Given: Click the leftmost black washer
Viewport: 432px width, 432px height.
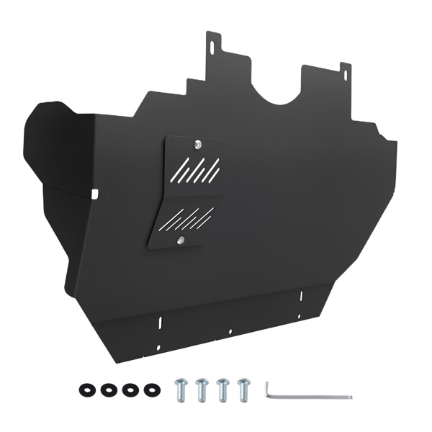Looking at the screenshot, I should (86, 390).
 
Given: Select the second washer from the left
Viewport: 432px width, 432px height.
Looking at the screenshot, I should (108, 390).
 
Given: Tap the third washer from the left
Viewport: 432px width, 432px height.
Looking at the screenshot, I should (129, 390).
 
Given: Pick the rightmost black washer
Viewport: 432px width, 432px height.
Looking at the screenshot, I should (150, 390).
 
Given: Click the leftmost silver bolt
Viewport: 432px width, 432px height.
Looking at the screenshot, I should (181, 389).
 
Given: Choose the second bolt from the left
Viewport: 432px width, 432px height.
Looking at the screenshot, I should (202, 389).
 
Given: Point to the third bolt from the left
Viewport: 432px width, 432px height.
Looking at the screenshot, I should (222, 389).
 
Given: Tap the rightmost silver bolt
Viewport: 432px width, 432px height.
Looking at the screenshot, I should (243, 389).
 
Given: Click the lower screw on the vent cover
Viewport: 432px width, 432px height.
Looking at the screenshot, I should (180, 240).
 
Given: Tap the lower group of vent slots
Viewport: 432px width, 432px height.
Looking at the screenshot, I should (186, 218).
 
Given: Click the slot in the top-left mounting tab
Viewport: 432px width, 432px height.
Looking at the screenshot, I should (212, 45).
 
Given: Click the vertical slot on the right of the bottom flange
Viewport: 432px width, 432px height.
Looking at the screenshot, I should (300, 296).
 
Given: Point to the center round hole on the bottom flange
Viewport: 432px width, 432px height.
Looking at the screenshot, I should (230, 332).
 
